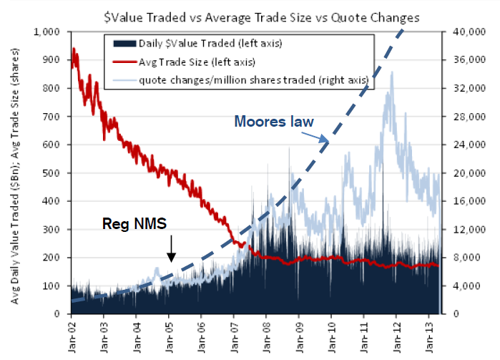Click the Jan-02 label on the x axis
tap(72, 333)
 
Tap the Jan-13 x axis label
tap(428, 333)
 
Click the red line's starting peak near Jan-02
tap(74, 49)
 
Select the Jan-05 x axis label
tap(169, 333)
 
